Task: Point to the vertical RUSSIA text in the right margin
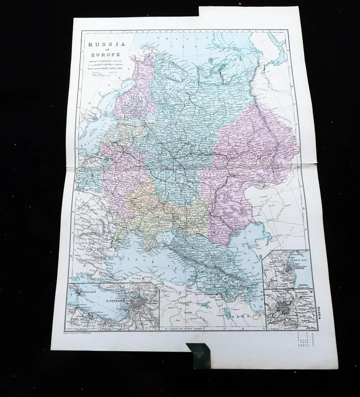tap(318, 308)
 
